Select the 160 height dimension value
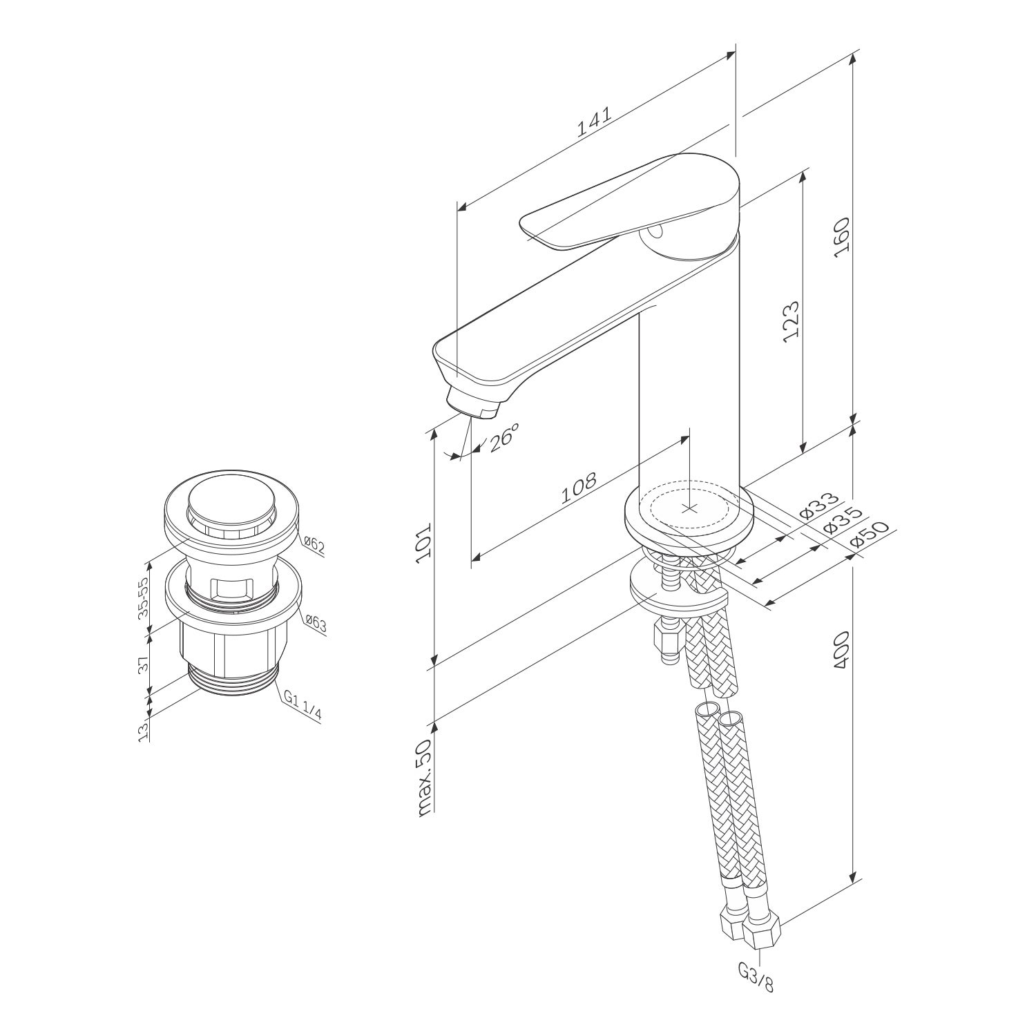point(841,237)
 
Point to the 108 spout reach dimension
point(578,488)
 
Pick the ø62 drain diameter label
point(314,546)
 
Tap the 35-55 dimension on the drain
point(144,597)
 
